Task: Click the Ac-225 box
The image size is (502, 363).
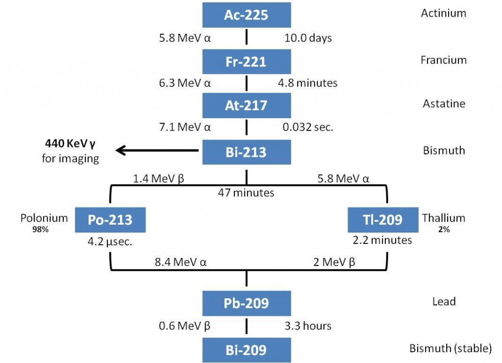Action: pos(246,15)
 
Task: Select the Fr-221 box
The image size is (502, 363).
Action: pos(246,61)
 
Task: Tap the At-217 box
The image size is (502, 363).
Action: pos(246,105)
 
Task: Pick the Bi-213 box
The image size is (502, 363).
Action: pos(246,152)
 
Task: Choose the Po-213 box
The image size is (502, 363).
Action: pos(110,219)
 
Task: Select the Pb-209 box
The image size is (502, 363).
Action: pos(246,303)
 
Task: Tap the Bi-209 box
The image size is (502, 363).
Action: pos(246,350)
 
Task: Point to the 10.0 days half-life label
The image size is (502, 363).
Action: pos(308,38)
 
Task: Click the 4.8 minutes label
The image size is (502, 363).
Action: pos(307,83)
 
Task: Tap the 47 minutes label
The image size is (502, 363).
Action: pos(246,193)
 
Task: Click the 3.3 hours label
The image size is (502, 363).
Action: pos(308,326)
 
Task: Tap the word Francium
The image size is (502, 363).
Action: pos(443,60)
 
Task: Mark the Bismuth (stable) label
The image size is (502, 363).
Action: pos(450,349)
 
